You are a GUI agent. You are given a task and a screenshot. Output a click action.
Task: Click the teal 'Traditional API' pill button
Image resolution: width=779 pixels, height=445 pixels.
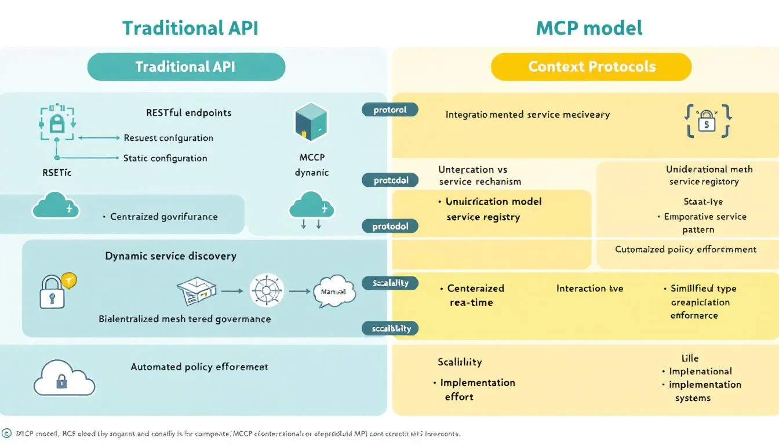(x=186, y=67)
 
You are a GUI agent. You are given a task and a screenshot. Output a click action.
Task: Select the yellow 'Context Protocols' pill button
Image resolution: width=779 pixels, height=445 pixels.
(x=591, y=67)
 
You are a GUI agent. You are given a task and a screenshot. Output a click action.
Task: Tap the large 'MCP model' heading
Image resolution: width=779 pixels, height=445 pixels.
(x=589, y=28)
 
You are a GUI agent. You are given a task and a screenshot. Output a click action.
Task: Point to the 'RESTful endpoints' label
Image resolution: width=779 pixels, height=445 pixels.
(x=188, y=112)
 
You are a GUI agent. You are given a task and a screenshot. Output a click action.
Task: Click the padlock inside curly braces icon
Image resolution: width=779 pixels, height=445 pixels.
(x=708, y=121)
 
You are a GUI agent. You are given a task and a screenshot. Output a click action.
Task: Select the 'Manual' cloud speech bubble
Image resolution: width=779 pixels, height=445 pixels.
(x=333, y=291)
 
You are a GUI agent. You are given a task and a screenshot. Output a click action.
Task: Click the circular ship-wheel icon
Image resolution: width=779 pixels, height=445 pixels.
(x=266, y=291)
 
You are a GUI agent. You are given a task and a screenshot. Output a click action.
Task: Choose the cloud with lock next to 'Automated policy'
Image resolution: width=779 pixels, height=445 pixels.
(x=64, y=378)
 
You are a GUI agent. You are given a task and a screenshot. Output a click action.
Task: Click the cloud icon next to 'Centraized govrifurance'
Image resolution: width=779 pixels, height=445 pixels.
(x=56, y=207)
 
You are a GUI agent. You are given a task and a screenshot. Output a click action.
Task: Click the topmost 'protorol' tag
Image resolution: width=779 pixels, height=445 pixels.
(x=389, y=110)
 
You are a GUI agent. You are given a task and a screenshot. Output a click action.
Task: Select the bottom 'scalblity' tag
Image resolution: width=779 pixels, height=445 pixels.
(x=391, y=329)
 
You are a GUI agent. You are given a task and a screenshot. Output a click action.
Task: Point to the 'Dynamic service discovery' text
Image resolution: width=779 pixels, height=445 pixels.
(x=170, y=256)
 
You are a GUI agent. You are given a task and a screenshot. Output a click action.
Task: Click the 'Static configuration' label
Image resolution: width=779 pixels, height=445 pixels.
(x=165, y=158)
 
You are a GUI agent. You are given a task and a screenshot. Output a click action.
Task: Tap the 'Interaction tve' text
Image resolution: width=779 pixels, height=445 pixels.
(x=589, y=288)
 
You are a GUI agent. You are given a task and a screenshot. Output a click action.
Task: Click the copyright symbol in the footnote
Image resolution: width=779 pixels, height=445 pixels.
(x=6, y=433)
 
